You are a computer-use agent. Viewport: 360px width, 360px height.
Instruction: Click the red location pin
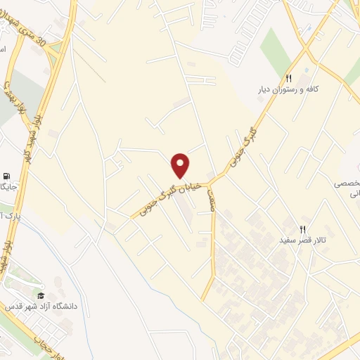[181, 165]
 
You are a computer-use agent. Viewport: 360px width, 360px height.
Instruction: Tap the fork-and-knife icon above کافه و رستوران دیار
[289, 78]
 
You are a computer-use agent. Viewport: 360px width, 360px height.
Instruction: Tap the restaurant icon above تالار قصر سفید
[303, 229]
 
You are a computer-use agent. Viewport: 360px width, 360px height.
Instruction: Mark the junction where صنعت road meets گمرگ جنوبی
[211, 179]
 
